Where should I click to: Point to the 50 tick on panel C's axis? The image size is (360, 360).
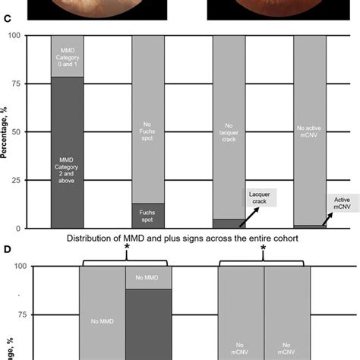click(36, 132)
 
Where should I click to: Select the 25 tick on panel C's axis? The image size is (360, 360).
click(36, 180)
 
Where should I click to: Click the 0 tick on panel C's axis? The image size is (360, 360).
click(39, 228)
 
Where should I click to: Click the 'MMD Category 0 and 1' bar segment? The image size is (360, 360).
click(67, 56)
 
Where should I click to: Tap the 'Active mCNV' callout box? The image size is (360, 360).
click(343, 203)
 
